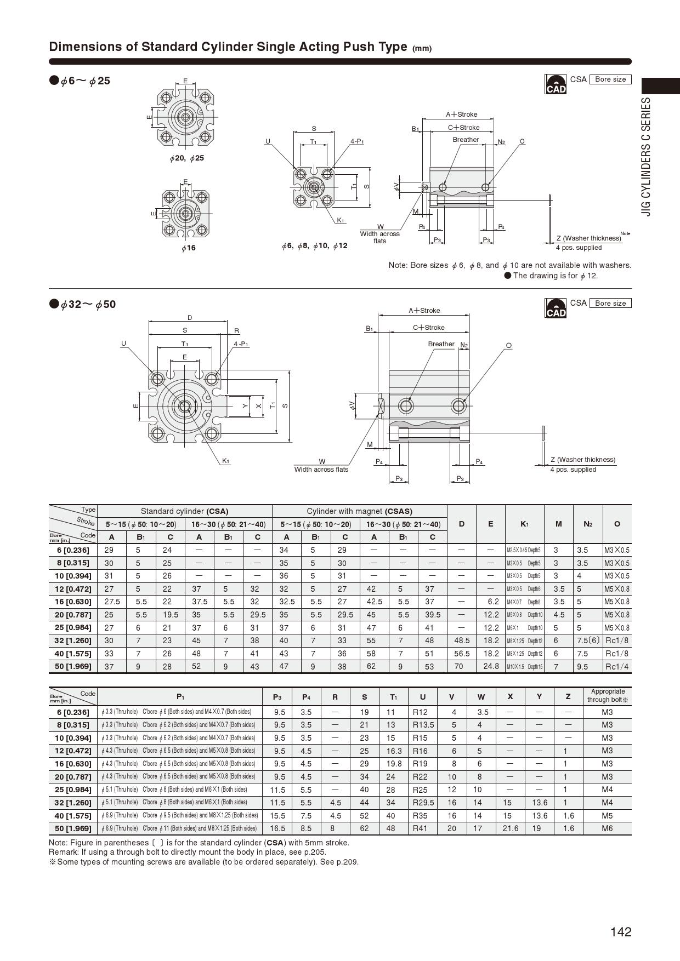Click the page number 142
coord(621,932)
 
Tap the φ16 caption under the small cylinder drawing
coord(188,248)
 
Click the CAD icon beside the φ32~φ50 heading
coord(556,308)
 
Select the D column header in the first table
coord(461,524)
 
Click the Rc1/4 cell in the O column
coord(617,666)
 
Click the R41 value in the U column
coord(420,828)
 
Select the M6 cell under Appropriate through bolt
coord(607,828)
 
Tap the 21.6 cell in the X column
coord(511,828)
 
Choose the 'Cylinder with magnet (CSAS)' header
coord(359,511)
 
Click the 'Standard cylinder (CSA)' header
coord(184,511)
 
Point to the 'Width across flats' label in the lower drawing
coord(321,469)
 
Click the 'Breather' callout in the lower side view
coord(441,344)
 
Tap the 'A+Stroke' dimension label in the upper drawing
coord(461,115)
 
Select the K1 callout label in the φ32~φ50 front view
coord(225,461)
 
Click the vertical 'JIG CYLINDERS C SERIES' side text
coord(647,156)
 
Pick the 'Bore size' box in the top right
coord(610,79)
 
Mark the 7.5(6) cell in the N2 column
coord(588,640)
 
